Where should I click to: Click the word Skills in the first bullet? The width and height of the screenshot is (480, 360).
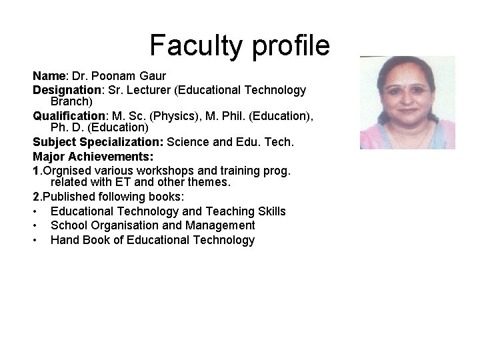pos(267,211)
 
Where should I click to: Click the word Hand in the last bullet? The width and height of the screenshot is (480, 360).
pos(65,241)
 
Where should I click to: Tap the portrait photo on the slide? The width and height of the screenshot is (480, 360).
pos(407,103)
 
